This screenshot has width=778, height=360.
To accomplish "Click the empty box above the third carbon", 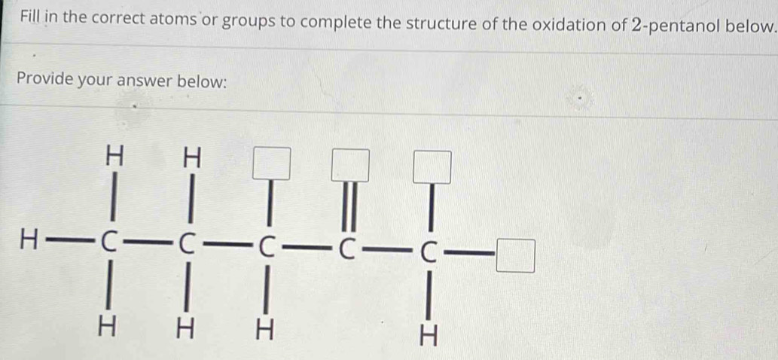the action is pos(271,163).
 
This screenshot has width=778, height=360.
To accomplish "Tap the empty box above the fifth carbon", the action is pos(432,167).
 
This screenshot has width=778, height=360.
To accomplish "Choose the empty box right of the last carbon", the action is pos(517,256).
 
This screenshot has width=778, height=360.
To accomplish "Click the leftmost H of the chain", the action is pos(28,242).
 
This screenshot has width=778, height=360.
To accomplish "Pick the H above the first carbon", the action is pos(115,156).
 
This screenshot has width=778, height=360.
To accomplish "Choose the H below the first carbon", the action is pos(106,328).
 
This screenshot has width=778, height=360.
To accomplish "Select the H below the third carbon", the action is pos(264,331).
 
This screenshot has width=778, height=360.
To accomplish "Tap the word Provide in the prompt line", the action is pos(47,79).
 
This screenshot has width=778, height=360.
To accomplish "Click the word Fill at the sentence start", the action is pos(32,18).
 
